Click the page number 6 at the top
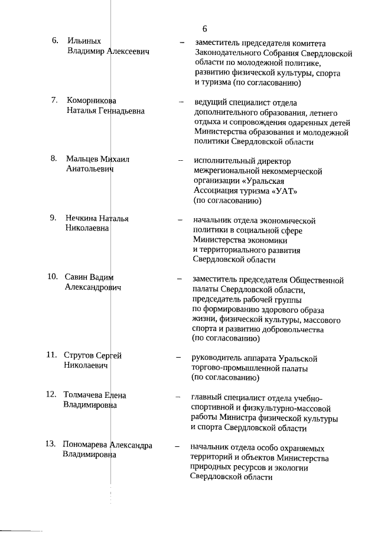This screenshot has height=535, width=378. pyautogui.click(x=204, y=28)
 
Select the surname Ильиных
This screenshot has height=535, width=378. pyautogui.click(x=84, y=41)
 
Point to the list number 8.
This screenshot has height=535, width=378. pyautogui.click(x=53, y=158)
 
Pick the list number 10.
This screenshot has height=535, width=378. pyautogui.click(x=53, y=276)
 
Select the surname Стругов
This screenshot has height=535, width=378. pyautogui.click(x=80, y=355)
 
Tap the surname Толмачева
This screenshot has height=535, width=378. pyautogui.click(x=83, y=394)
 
